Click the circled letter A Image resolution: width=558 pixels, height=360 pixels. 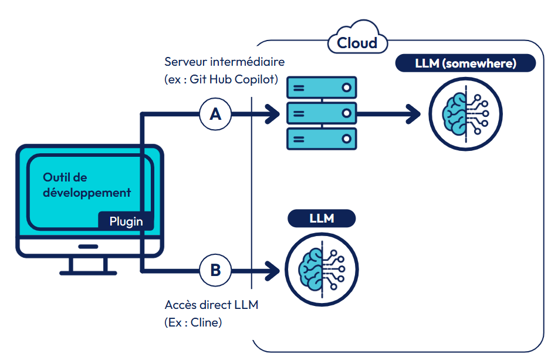tap(215, 114)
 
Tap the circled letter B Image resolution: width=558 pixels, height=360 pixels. tap(215, 271)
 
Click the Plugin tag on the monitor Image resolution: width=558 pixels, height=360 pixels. tap(126, 221)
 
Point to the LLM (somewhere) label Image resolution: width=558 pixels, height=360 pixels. tap(465, 63)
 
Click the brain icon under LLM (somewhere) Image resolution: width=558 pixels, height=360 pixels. tap(465, 114)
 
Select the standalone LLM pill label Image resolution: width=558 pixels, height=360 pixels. tap(322, 218)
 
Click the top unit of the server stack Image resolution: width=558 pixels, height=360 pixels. tap(322, 88)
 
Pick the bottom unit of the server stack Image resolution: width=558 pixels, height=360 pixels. tap(322, 139)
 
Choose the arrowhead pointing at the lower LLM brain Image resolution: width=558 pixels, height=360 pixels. tap(272, 271)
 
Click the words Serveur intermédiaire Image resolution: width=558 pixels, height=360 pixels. tap(224, 62)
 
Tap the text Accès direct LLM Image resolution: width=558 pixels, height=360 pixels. tap(211, 305)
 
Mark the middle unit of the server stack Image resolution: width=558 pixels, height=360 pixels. tap(322, 113)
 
